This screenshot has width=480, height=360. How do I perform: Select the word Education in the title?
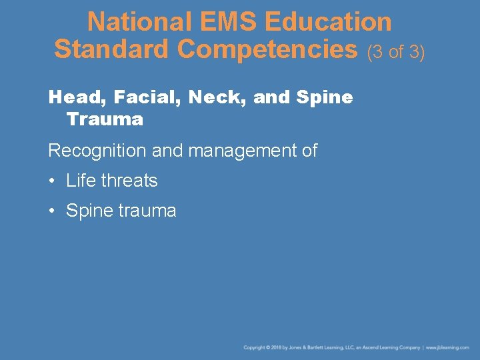(x=327, y=22)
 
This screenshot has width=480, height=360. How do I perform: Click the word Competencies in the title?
(x=267, y=49)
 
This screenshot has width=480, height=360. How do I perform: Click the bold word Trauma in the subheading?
(x=105, y=120)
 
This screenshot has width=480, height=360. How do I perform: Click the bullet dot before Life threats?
(x=51, y=181)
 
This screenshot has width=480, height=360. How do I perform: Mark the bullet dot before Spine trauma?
(x=51, y=211)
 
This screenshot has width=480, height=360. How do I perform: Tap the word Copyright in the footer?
(x=255, y=347)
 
